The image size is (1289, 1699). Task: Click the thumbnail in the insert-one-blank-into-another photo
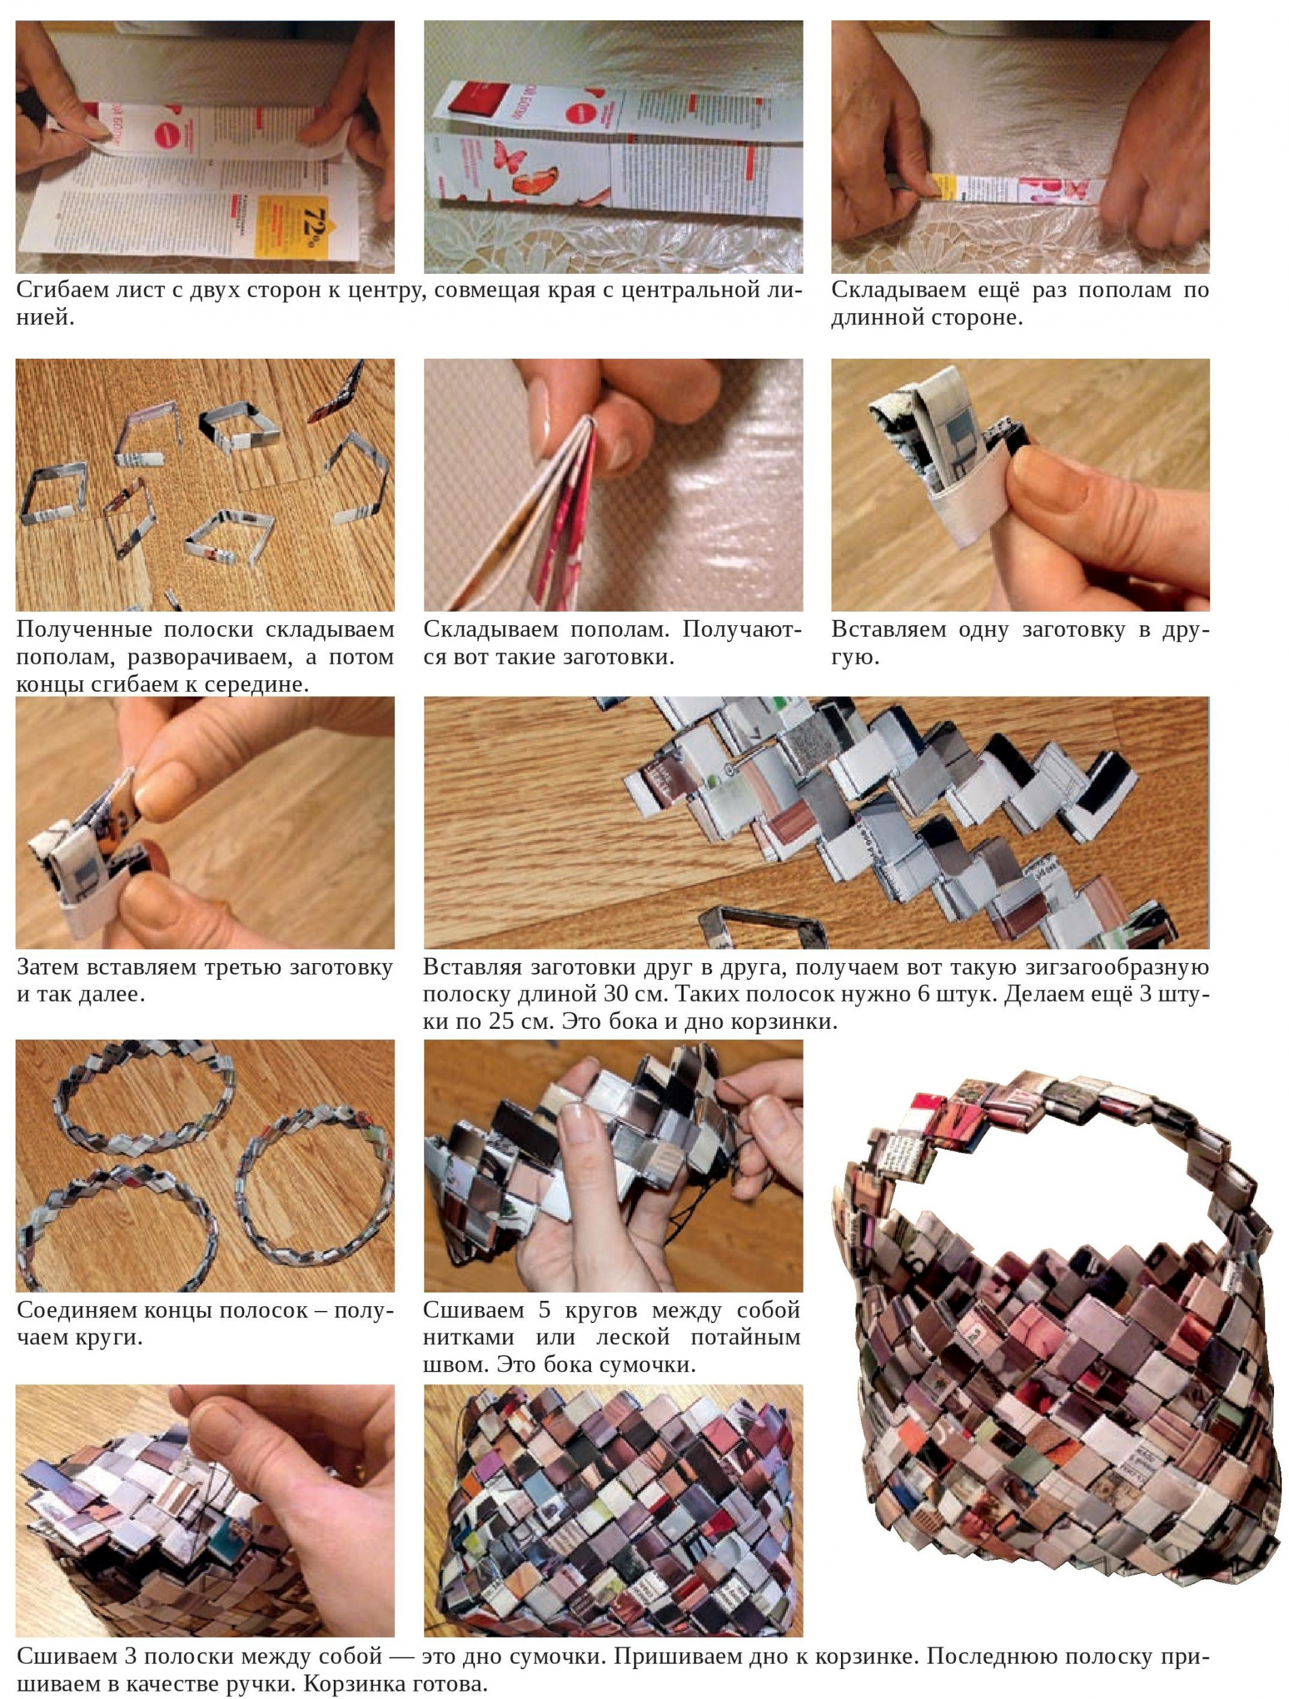[1064, 490]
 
